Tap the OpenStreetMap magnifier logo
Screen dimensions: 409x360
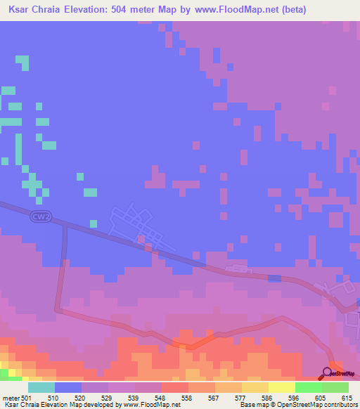click(328, 373)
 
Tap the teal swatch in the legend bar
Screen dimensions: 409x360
click(41, 387)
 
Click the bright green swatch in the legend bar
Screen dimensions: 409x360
click(309, 387)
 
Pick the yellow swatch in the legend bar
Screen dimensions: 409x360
click(255, 387)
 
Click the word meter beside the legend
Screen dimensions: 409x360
click(11, 398)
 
